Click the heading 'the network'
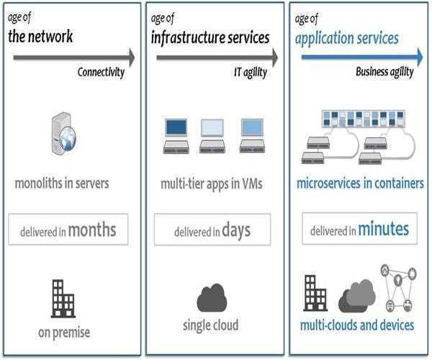[40, 36]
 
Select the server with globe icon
[63, 131]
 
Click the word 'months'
[92, 230]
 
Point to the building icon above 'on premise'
[63, 298]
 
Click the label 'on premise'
[64, 332]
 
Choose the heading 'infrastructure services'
[210, 37]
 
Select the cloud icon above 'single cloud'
[212, 297]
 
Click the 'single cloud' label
[212, 324]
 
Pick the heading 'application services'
[346, 37]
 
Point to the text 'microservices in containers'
[360, 184]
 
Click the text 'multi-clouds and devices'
[357, 325]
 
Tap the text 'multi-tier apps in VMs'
[212, 184]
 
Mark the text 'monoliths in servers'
[62, 183]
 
